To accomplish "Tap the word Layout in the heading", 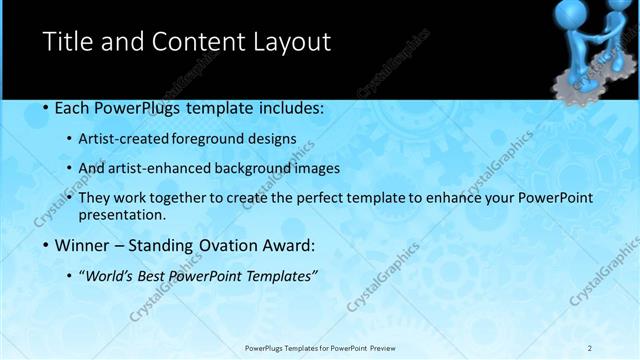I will coord(290,42).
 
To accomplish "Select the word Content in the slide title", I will coord(192,42).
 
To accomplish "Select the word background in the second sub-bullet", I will coord(258,168).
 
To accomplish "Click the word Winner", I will coord(83,245).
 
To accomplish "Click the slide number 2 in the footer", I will coord(590,348).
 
